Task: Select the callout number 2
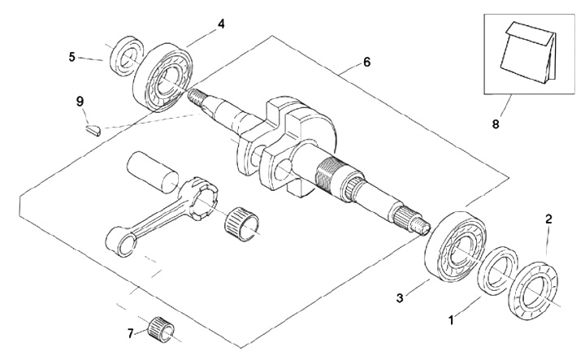(x=548, y=219)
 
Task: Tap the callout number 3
(x=400, y=298)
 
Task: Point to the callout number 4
(x=221, y=24)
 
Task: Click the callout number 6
(x=366, y=62)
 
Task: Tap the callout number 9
(x=80, y=101)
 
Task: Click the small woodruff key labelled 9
(x=92, y=128)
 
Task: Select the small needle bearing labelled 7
(x=158, y=327)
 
